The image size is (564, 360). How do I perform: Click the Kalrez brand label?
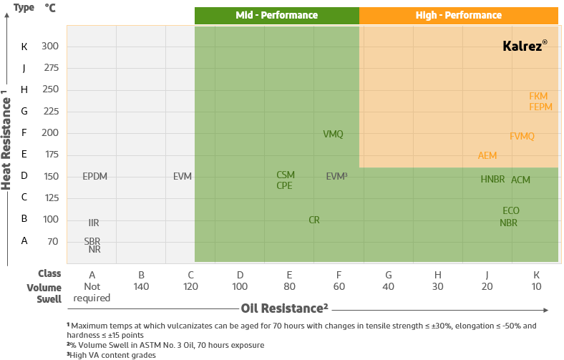(524, 45)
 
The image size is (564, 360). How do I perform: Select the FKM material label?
(538, 96)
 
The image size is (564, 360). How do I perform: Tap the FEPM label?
(540, 107)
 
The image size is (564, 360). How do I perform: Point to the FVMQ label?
(522, 137)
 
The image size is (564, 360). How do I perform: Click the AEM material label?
(487, 155)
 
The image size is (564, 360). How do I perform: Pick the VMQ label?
(333, 135)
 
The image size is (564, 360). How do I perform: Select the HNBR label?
(492, 180)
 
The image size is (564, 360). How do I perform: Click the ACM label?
(520, 180)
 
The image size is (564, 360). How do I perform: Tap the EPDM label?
(94, 176)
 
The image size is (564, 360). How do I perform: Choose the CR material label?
(314, 220)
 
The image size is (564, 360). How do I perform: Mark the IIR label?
(94, 223)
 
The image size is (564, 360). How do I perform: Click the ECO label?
(510, 211)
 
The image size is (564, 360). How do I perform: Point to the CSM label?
(286, 175)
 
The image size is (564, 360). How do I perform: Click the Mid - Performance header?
(276, 15)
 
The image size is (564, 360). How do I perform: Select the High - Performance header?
(458, 15)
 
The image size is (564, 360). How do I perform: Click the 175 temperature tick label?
(51, 155)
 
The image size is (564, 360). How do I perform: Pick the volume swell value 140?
(142, 286)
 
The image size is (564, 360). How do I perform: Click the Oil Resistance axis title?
(284, 308)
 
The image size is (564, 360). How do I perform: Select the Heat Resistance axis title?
(6, 140)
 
